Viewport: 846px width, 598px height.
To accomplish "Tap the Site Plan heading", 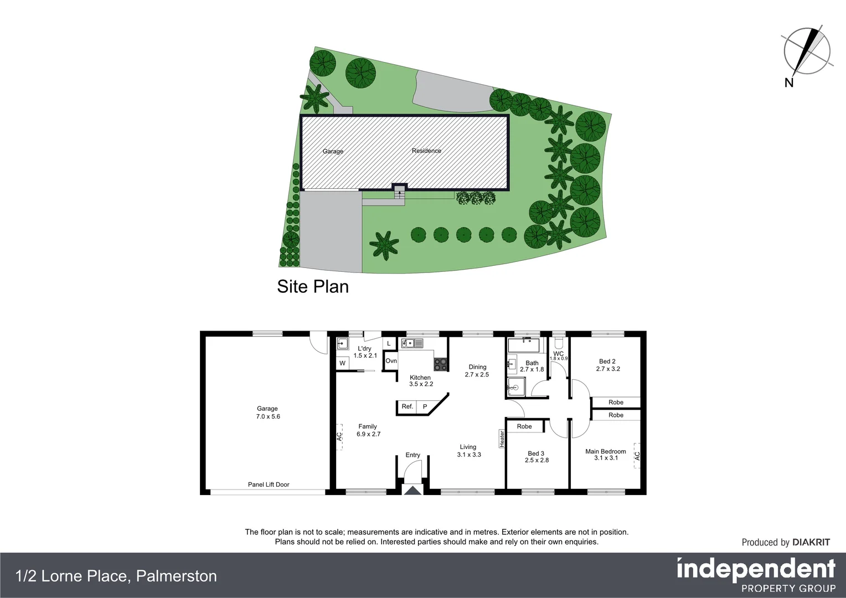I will tap(313, 286).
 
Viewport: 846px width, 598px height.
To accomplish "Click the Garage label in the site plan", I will tap(333, 151).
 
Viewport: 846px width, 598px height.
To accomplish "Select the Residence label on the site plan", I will tap(426, 151).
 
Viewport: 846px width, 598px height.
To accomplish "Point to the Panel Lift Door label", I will tap(269, 484).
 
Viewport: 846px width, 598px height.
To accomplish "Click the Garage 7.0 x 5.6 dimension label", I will tap(268, 413).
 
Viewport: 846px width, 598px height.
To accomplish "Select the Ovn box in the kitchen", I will tap(391, 361).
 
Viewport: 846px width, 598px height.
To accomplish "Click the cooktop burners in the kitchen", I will tap(440, 364).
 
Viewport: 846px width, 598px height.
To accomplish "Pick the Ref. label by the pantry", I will tap(407, 406).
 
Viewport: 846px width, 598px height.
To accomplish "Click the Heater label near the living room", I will tap(502, 439).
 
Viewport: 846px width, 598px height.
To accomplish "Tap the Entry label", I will tap(412, 455).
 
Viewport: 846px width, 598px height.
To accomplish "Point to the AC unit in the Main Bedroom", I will tap(637, 456).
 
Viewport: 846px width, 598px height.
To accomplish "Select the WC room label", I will tap(558, 354).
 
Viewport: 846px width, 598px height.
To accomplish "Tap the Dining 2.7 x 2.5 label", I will tap(477, 370).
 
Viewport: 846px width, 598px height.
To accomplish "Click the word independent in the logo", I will tap(756, 569).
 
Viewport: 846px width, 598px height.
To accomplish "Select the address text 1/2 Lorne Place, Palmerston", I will tap(116, 576).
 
